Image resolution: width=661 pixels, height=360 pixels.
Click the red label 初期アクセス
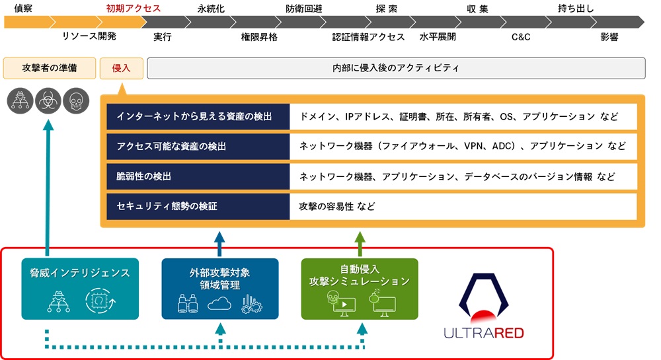point(134,9)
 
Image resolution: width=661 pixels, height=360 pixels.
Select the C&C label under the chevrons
point(521,37)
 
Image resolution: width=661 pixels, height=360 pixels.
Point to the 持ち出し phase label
point(576,9)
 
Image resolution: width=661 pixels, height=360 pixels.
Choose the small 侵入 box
point(122,68)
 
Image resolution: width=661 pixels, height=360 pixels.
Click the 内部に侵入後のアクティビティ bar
point(396,68)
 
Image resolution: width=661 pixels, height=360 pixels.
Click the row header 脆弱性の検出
point(198,176)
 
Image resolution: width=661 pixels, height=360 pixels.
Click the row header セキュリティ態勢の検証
point(198,206)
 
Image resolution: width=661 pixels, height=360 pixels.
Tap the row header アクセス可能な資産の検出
point(198,146)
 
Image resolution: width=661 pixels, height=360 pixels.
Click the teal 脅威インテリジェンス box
point(80,289)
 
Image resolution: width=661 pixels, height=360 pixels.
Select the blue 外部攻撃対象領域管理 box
point(220,289)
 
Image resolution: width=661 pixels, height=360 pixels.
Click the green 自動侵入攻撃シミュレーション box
point(360,289)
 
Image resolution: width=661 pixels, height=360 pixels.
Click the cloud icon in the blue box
point(220,303)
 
